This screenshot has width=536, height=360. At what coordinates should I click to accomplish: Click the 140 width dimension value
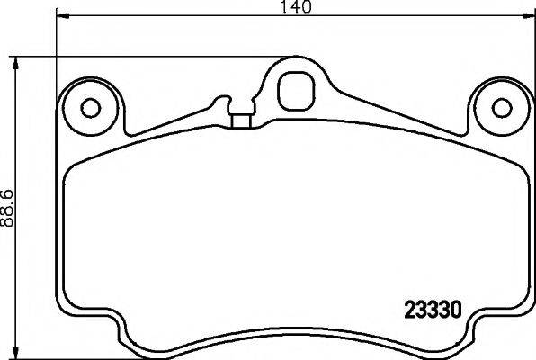tap(296, 6)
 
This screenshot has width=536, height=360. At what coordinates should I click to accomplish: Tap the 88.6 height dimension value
tap(7, 208)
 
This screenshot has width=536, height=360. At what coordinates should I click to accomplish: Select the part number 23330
tap(433, 310)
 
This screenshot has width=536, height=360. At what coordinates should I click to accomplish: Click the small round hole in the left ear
tap(91, 108)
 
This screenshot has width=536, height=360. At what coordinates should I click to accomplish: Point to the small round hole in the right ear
tap(502, 108)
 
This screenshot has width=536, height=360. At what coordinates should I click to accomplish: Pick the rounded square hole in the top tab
tap(296, 91)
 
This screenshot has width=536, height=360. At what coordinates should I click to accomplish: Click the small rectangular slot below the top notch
tap(242, 121)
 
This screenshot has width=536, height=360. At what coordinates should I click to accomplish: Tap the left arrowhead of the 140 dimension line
tap(62, 15)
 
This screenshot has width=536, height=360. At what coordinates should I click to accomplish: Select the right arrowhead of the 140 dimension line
tap(528, 15)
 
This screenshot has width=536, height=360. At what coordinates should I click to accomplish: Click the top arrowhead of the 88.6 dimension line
tap(15, 64)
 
